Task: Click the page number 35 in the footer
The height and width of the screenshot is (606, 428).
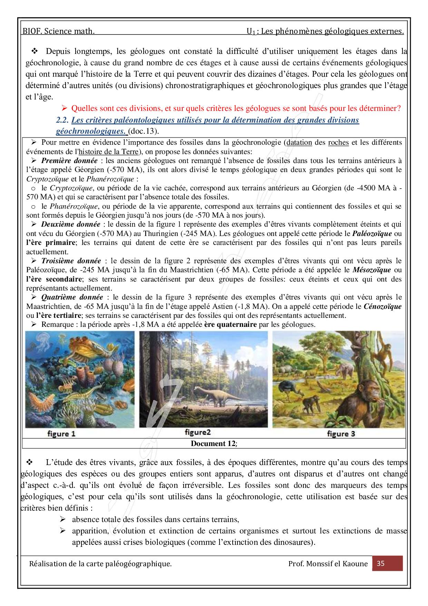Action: pyautogui.click(x=381, y=564)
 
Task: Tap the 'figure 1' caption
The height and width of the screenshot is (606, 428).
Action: pyautogui.click(x=61, y=434)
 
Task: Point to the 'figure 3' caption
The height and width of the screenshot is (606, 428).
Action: pyautogui.click(x=341, y=434)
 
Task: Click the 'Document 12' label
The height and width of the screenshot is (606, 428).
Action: pyautogui.click(x=214, y=444)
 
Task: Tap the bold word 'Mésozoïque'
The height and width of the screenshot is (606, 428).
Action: pyautogui.click(x=372, y=270)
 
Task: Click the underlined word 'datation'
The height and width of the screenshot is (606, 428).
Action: pyautogui.click(x=299, y=142)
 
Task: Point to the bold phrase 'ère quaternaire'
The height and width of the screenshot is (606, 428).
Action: pyautogui.click(x=230, y=324)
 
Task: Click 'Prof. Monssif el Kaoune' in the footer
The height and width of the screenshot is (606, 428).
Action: pyautogui.click(x=328, y=564)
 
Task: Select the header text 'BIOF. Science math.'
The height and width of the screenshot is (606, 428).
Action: pyautogui.click(x=59, y=31)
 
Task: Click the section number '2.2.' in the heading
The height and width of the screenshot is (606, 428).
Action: pyautogui.click(x=62, y=120)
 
